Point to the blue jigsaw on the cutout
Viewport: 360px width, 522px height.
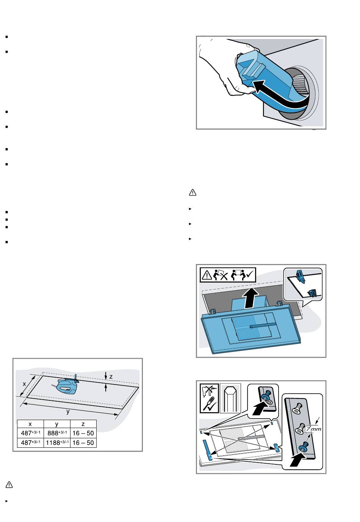(66, 386)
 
